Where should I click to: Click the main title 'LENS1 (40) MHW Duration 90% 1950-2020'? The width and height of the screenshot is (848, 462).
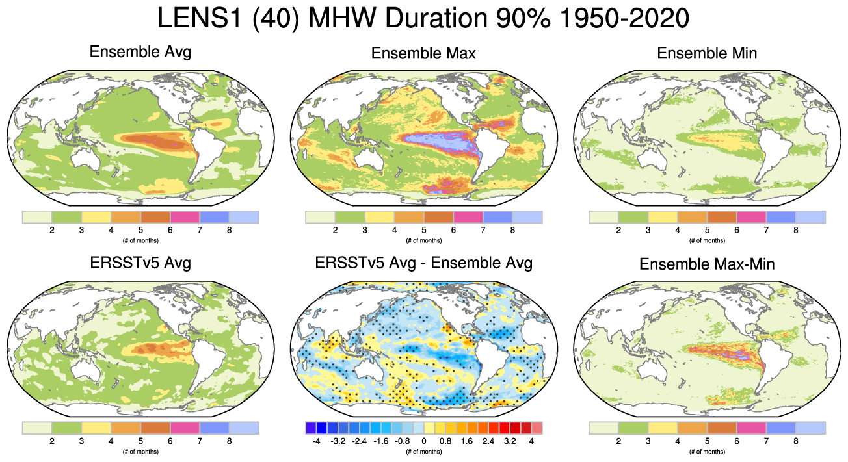point(423,19)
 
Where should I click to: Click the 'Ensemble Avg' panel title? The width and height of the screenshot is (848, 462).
point(140,52)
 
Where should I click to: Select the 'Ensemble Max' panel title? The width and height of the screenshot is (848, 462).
point(423,53)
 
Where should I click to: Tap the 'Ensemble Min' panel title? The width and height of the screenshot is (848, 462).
point(707,53)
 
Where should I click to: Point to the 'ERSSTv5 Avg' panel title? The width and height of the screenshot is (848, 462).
point(140,264)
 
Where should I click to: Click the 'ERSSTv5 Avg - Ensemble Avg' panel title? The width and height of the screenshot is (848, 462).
point(423,264)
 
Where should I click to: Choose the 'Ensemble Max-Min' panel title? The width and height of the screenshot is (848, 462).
point(707,264)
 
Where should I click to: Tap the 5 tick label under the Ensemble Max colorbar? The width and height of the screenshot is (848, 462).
point(423,229)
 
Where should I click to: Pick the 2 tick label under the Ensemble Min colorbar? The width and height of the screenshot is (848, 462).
point(618,229)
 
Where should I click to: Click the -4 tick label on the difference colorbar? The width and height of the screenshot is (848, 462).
point(316,441)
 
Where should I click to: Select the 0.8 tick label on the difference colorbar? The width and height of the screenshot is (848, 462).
point(446,441)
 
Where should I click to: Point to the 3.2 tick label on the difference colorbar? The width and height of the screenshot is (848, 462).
point(509,441)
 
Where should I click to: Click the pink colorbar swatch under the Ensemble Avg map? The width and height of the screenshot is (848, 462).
point(185,216)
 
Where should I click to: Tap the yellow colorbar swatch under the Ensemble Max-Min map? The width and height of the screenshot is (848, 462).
point(662,428)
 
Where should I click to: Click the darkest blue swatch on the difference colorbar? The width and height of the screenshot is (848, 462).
point(311,428)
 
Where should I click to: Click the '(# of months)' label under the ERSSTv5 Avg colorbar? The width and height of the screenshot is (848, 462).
point(140,451)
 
